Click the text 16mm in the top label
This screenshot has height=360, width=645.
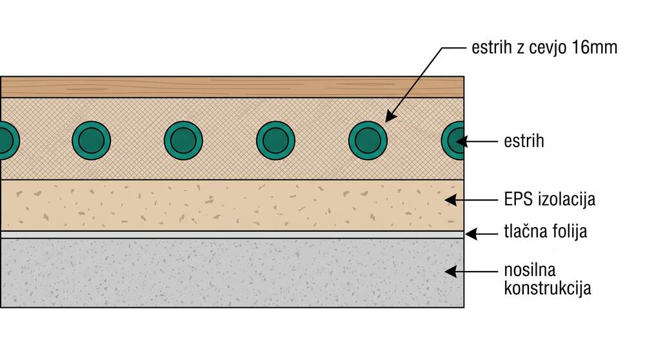click(x=595, y=47)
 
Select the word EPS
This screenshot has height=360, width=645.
click(x=519, y=199)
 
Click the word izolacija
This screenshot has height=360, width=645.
click(x=566, y=199)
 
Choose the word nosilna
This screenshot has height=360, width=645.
click(x=530, y=270)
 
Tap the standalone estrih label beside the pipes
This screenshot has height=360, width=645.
click(x=524, y=141)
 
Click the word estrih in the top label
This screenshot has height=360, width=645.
click(x=491, y=47)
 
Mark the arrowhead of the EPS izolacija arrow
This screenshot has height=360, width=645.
click(x=451, y=200)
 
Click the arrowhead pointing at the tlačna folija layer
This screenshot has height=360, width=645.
click(x=471, y=234)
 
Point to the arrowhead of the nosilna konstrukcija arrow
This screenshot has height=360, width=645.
click(x=451, y=272)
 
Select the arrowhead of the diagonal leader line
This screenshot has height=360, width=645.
click(x=391, y=115)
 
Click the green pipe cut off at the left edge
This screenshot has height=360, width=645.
click(x=9, y=141)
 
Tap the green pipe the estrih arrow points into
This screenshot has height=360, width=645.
click(x=453, y=141)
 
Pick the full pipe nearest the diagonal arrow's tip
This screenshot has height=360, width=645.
click(x=368, y=141)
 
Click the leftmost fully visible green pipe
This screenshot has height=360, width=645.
click(x=92, y=141)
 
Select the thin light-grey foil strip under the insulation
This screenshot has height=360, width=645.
click(x=232, y=234)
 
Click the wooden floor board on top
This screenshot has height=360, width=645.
click(x=232, y=87)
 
